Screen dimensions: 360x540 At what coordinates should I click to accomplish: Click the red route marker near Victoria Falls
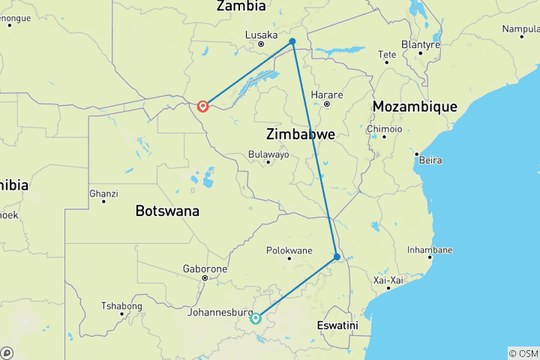click(202, 106)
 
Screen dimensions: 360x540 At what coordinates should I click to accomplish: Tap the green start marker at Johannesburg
click(255, 318)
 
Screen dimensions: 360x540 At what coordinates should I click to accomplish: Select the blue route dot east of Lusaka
click(292, 41)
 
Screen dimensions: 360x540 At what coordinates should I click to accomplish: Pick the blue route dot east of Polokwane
click(337, 256)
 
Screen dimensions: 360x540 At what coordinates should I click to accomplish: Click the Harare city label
click(328, 94)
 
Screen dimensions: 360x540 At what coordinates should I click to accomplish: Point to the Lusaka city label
click(262, 34)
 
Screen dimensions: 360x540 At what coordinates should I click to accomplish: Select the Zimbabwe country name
click(300, 134)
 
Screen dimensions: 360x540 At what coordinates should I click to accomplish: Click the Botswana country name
click(167, 211)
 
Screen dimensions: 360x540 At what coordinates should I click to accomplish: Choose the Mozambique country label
click(415, 106)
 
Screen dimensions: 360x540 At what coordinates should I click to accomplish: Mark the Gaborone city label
click(205, 268)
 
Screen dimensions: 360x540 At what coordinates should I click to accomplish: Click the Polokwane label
click(289, 250)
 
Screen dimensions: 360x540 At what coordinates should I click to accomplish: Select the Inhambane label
click(430, 250)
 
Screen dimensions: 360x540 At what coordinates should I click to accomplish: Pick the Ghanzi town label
click(103, 193)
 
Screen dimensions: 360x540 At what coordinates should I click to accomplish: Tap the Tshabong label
click(121, 305)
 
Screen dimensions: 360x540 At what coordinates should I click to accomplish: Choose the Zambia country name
click(241, 6)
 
